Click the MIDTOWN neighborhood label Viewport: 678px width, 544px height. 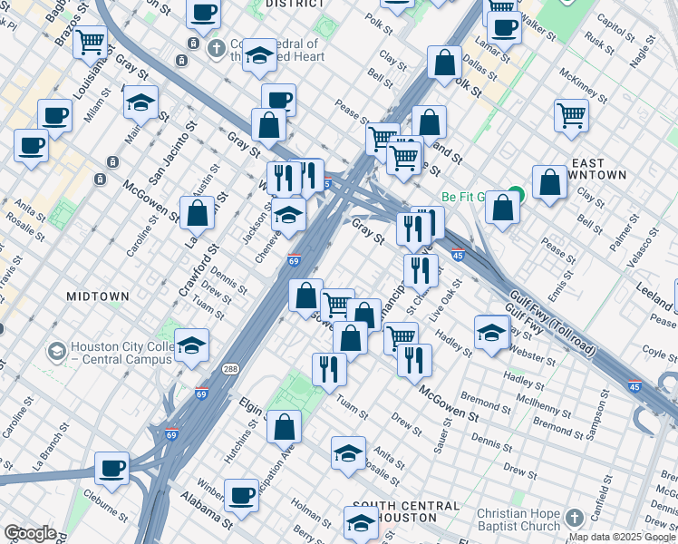[98, 296]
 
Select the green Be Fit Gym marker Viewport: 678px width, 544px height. [516, 193]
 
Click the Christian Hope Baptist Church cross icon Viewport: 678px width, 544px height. [573, 517]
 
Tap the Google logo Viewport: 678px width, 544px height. [31, 533]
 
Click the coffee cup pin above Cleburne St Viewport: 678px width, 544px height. [112, 466]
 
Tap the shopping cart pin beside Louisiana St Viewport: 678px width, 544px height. [90, 41]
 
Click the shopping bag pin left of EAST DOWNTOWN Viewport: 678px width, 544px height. [549, 181]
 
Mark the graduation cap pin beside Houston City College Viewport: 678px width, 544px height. [191, 345]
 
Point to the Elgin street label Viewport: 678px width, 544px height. [250, 405]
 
